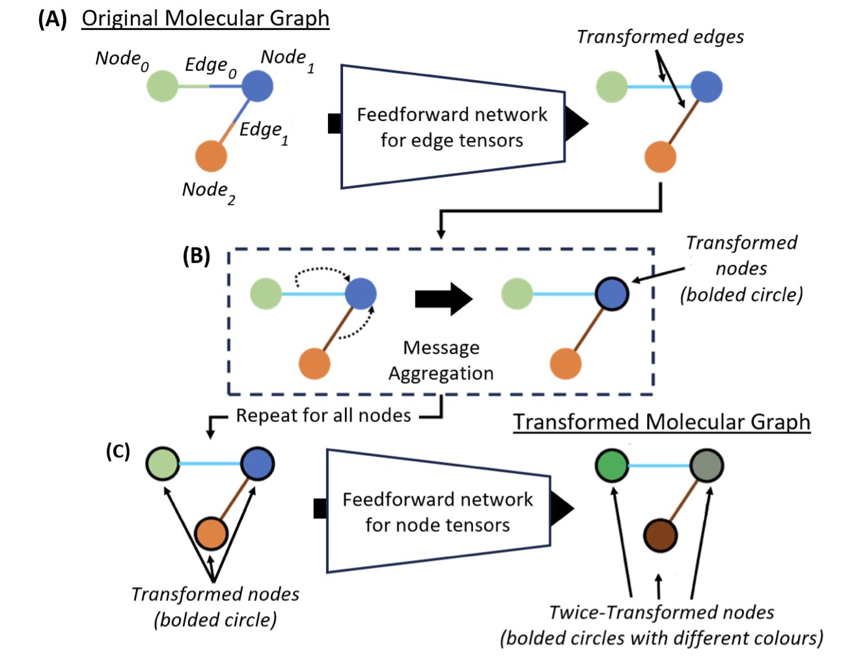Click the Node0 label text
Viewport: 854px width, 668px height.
point(122,59)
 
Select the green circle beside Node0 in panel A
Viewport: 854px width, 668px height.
point(162,86)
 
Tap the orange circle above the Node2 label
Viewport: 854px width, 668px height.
point(211,156)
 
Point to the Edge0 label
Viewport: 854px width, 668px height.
point(210,66)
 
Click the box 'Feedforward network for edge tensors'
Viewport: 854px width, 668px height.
point(452,127)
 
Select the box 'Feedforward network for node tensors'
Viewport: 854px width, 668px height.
point(437,512)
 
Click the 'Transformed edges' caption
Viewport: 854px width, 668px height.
point(660,37)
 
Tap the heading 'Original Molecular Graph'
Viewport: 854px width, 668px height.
point(205,18)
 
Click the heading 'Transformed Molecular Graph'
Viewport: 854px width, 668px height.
point(662,422)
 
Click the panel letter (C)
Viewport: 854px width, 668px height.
point(118,451)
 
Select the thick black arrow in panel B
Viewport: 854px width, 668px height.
point(443,299)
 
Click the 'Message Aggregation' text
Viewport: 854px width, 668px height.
point(441,360)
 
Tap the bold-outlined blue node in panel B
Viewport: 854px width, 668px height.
point(612,294)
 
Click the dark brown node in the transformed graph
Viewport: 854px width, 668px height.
point(660,536)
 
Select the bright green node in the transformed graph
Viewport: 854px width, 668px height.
point(612,465)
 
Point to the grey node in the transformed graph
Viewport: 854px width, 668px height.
point(706,465)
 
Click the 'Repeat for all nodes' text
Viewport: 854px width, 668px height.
point(324,415)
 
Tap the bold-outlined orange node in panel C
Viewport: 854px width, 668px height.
point(211,534)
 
